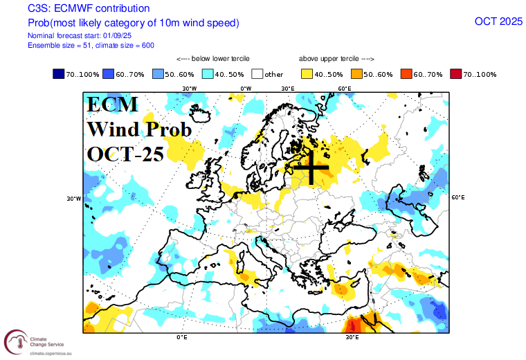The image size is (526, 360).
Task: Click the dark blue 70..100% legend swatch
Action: click(59, 74)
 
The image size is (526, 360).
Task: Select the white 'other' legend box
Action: click(257, 74)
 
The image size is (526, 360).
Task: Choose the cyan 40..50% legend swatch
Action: click(208, 74)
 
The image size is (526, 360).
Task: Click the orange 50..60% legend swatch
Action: click(357, 74)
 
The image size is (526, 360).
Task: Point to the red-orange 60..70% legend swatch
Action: click(406, 74)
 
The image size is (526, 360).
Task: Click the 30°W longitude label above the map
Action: click(189, 89)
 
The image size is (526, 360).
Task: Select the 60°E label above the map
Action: click(344, 89)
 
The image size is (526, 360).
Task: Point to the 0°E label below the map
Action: click(182, 337)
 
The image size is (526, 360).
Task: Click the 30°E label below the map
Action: click(352, 337)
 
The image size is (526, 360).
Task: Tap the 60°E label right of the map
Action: click(457, 198)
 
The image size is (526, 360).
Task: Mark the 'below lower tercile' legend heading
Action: click(213, 59)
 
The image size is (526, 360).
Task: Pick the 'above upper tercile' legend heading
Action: click(336, 59)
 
